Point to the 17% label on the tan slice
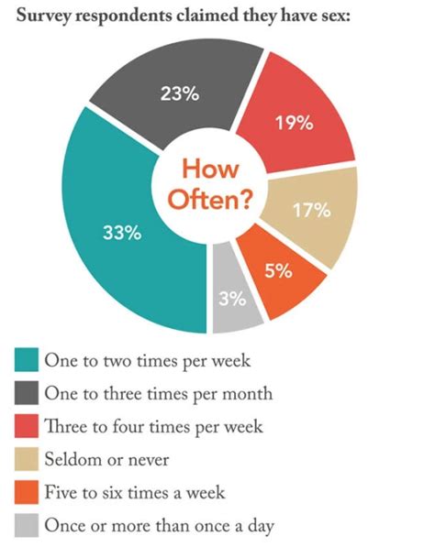[311, 211]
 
